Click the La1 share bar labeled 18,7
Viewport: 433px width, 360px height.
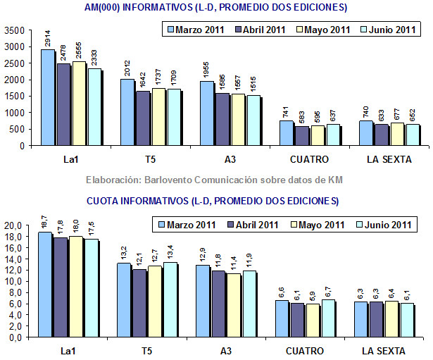[44, 285]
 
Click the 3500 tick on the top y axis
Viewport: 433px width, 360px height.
[14, 30]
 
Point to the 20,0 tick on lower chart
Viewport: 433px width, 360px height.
[14, 225]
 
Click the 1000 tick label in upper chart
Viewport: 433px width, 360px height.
[14, 113]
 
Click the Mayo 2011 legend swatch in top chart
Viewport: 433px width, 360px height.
[298, 30]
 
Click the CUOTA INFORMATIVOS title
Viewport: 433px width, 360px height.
[213, 201]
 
